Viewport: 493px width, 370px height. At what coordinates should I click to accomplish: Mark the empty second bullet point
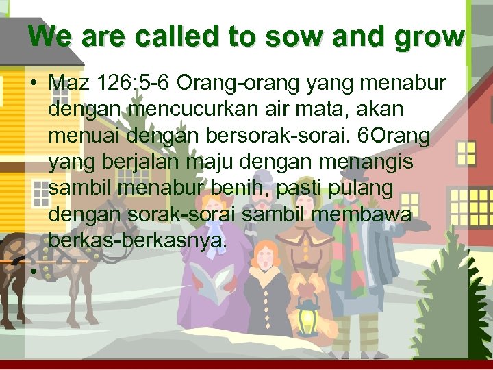pos(32,269)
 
